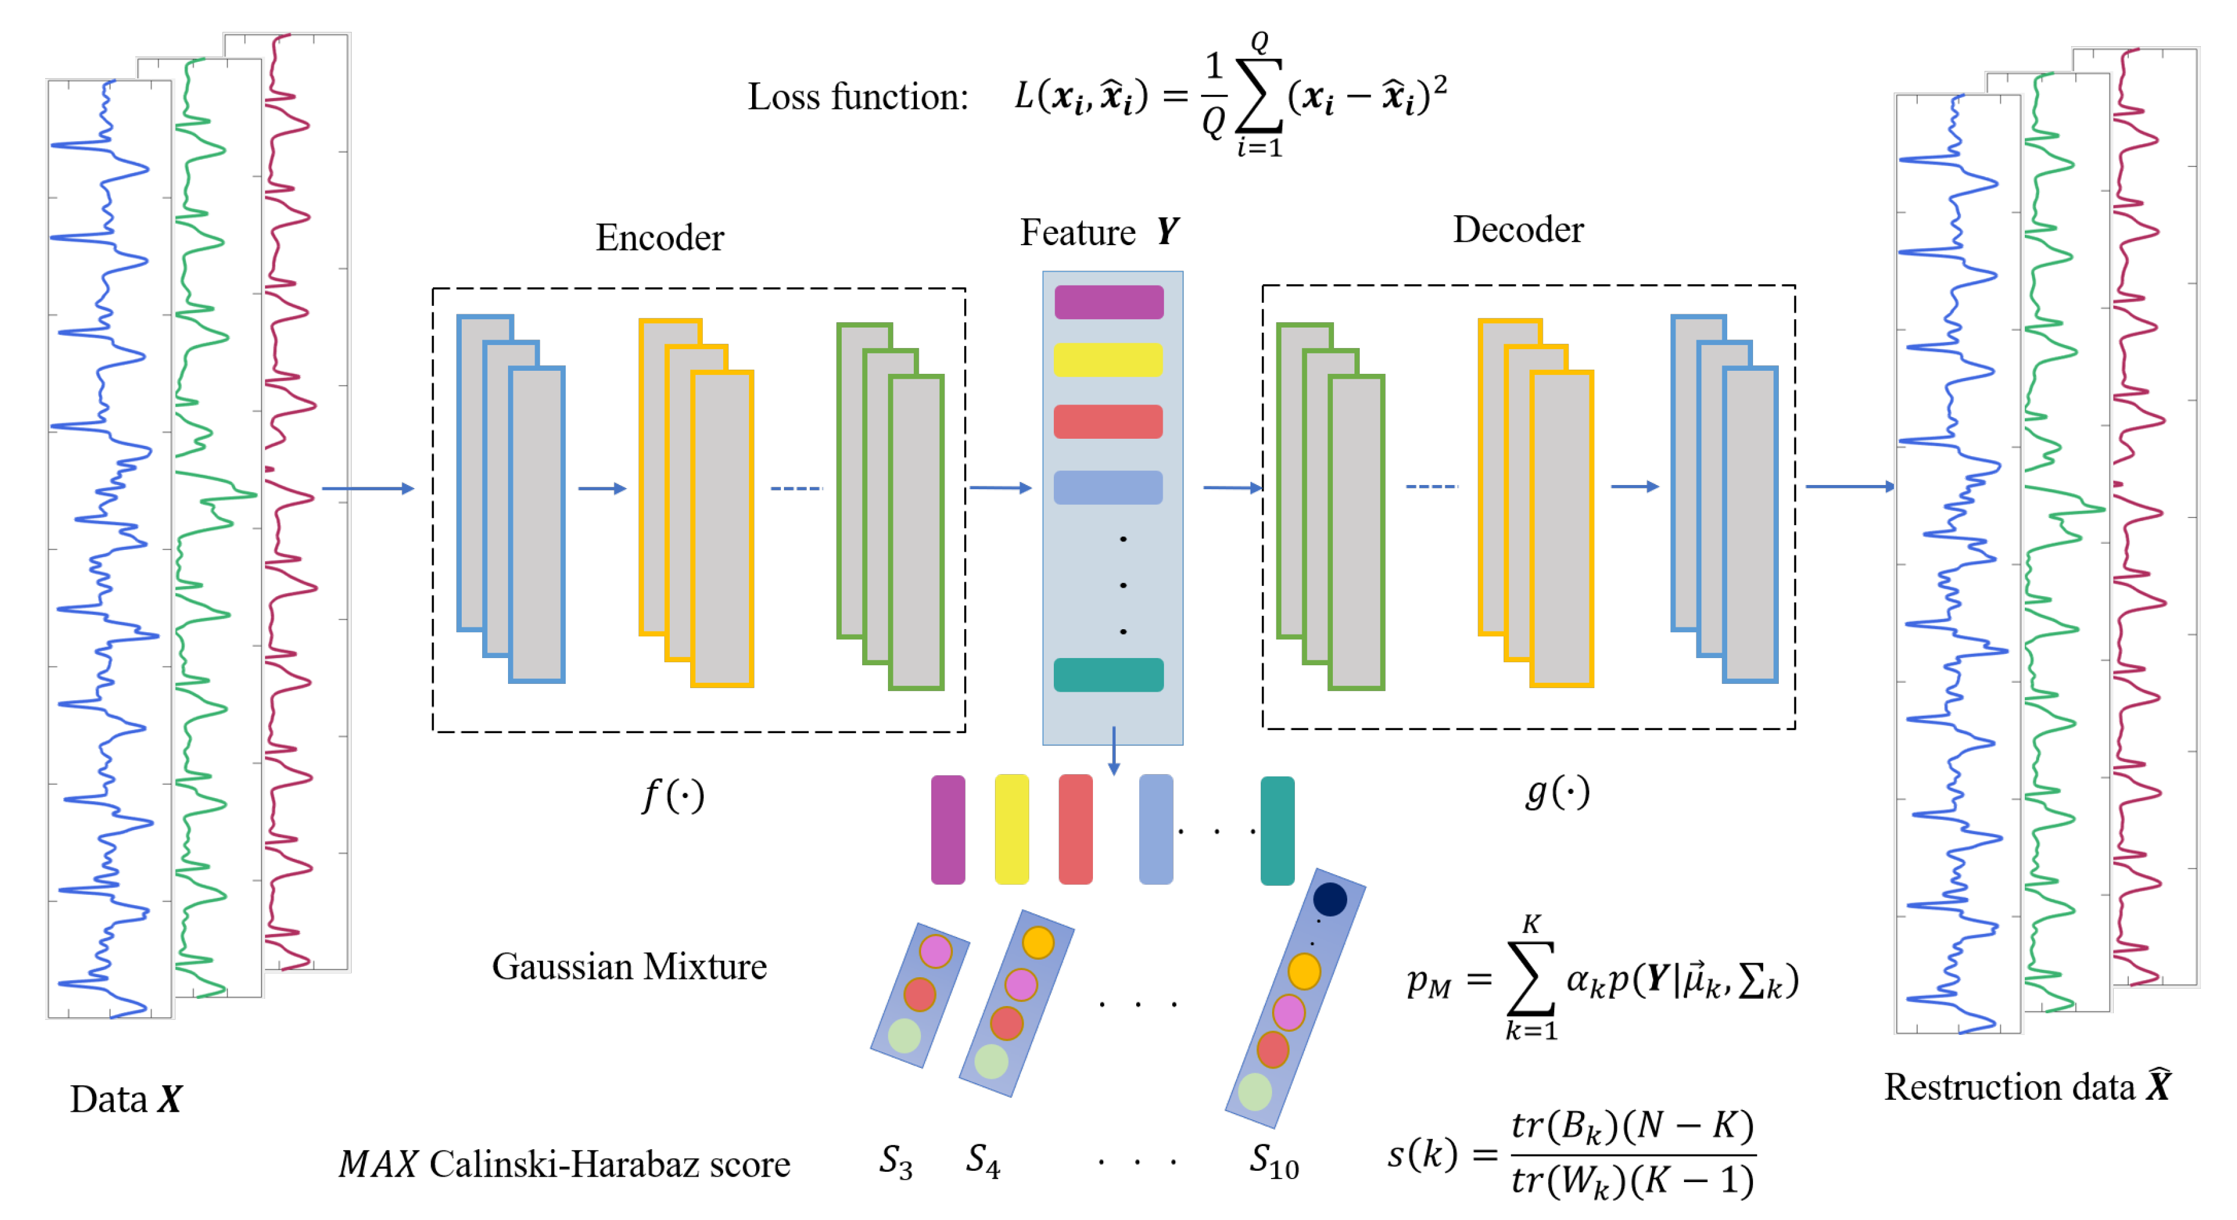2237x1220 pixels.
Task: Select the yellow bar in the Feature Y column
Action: coord(1108,359)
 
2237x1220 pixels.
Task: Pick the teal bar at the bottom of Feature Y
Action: coord(1108,675)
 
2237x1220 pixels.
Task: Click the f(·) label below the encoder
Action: coord(672,795)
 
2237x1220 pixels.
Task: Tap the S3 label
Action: coord(895,1161)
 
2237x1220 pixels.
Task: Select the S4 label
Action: coord(983,1161)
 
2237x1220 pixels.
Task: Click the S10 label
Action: coord(1273,1162)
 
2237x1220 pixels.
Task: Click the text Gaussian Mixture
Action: coord(629,966)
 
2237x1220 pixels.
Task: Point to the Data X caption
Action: coord(126,1099)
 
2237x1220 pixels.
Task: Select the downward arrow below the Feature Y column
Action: coord(1113,752)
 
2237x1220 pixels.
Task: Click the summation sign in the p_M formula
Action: coord(1530,978)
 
